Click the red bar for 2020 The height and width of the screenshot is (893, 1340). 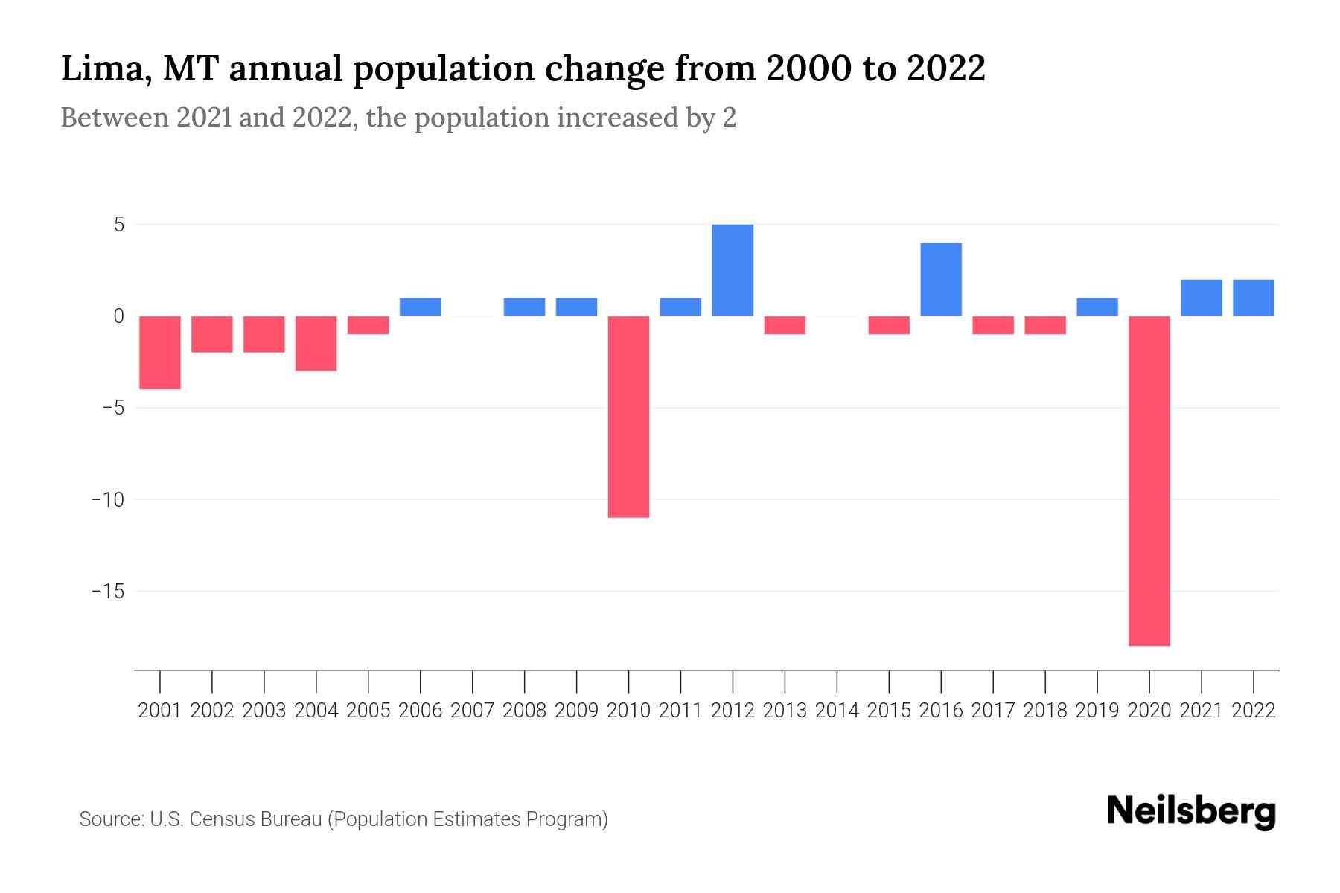click(x=1149, y=481)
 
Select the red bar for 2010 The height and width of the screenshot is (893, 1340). click(x=628, y=417)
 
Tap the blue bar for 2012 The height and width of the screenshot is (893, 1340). click(x=733, y=270)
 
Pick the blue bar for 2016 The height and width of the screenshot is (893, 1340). click(x=941, y=280)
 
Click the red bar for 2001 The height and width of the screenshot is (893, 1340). click(x=160, y=353)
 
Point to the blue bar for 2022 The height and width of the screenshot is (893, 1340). click(x=1254, y=298)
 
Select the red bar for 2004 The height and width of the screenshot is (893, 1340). click(x=316, y=343)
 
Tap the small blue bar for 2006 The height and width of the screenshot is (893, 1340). click(x=421, y=307)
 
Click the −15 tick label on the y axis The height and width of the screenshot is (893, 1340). click(x=107, y=592)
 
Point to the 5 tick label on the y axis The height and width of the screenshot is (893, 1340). click(x=119, y=225)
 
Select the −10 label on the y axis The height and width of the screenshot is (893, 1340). click(x=107, y=499)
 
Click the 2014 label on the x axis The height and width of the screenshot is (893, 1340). click(x=837, y=711)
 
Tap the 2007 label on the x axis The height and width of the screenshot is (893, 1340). click(x=472, y=711)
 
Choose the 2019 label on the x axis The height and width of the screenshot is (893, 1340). click(x=1097, y=711)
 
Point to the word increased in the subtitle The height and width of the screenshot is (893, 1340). click(x=620, y=118)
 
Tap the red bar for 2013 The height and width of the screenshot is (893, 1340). click(x=785, y=325)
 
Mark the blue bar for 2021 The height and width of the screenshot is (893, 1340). click(x=1202, y=298)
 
